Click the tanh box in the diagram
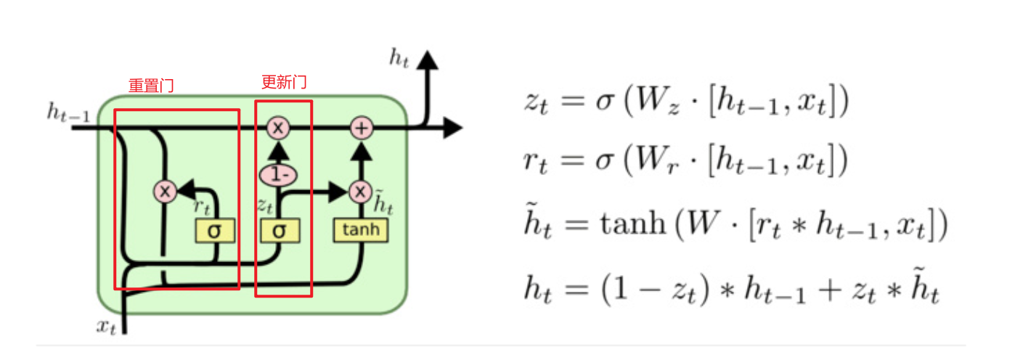[x=361, y=230]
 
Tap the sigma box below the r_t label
[x=215, y=231]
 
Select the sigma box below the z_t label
[x=280, y=231]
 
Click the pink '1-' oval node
[x=278, y=175]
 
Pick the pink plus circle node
[x=362, y=128]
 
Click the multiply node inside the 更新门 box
[x=278, y=128]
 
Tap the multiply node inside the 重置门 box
[x=165, y=192]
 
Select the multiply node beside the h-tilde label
[x=360, y=192]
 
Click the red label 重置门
[x=151, y=86]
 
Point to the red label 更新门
[x=284, y=82]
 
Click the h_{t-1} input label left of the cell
[x=68, y=112]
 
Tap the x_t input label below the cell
[x=107, y=327]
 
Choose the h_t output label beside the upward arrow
[x=399, y=58]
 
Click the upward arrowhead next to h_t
[x=428, y=60]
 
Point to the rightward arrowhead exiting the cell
[x=453, y=128]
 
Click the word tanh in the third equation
[x=633, y=224]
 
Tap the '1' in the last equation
[x=620, y=289]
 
